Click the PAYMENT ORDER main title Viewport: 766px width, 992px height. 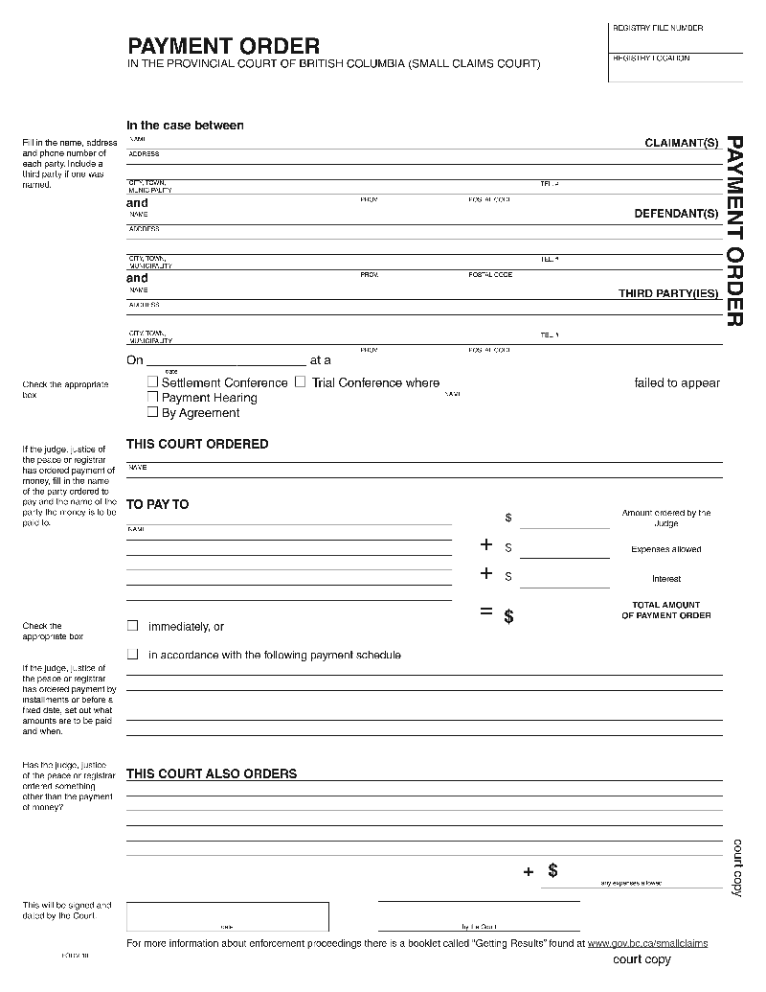[224, 46]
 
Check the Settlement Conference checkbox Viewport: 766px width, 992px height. [152, 381]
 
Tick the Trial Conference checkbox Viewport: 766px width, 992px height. [300, 381]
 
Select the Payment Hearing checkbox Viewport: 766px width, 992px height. [152, 397]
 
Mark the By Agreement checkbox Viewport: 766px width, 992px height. [152, 412]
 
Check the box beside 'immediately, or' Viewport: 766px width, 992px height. [133, 626]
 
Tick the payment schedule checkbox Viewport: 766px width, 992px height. [133, 655]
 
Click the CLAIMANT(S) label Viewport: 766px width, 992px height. [681, 143]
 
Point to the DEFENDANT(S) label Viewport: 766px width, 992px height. [676, 214]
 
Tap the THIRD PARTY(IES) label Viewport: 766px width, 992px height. [667, 293]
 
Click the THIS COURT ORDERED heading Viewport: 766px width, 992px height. [197, 444]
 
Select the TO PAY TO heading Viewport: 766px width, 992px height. [158, 504]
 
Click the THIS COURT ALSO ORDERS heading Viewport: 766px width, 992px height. [212, 773]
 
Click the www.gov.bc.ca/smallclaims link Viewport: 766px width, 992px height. [647, 943]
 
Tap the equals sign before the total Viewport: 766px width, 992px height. [486, 612]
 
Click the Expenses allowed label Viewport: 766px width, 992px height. [665, 549]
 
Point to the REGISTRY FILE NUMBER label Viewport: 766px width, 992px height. [657, 29]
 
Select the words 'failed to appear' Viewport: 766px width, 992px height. [677, 382]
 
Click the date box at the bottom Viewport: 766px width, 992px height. [228, 916]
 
